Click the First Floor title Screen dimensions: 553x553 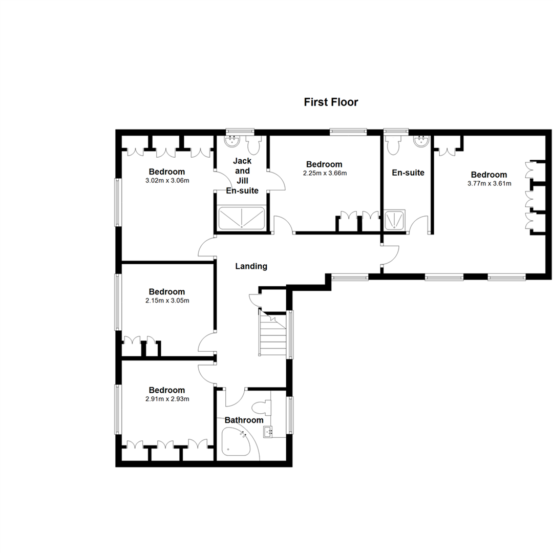[331, 102]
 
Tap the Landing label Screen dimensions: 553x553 [251, 266]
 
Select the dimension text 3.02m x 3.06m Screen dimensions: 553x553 [166, 180]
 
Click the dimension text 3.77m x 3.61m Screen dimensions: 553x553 [489, 183]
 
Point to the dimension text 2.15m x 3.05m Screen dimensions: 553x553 [166, 300]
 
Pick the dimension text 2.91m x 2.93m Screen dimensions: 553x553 [166, 398]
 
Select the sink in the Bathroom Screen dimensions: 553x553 [269, 433]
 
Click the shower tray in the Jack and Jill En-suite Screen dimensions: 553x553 [242, 218]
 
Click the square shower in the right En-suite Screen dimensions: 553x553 [395, 220]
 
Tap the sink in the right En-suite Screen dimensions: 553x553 [422, 141]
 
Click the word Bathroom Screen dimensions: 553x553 [244, 420]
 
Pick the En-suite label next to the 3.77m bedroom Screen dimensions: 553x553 [408, 173]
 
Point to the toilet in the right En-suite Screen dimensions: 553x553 [394, 145]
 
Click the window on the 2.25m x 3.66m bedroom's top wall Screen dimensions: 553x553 [348, 132]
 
